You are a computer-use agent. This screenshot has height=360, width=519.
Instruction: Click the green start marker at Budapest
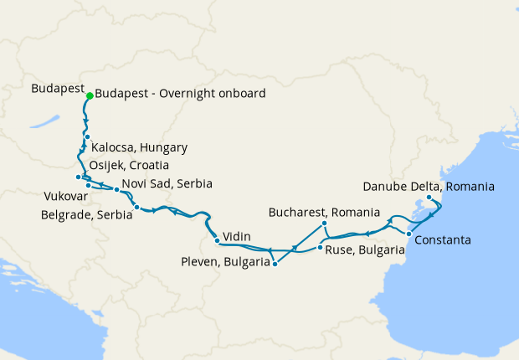click(89, 95)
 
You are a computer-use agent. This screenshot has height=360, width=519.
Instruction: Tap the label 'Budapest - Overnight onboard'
click(181, 94)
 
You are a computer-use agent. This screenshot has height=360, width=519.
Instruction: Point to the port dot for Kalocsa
click(86, 136)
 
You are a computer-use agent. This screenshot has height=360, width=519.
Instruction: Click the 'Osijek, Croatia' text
click(136, 165)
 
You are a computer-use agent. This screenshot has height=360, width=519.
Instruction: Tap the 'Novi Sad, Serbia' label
click(167, 183)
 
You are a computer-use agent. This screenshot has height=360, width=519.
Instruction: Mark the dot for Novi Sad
click(116, 190)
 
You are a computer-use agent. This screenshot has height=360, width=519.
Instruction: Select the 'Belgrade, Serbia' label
click(86, 214)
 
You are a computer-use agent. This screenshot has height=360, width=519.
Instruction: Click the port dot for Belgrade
click(136, 206)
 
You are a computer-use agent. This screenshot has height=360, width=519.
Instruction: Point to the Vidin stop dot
click(218, 241)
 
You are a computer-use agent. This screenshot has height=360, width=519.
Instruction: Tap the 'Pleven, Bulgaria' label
click(225, 261)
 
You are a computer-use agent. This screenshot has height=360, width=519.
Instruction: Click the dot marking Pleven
click(275, 264)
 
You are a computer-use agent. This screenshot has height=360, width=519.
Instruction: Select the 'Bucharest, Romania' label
click(324, 213)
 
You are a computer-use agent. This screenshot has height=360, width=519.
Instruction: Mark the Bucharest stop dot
click(325, 224)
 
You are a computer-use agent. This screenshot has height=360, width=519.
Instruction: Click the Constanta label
click(443, 240)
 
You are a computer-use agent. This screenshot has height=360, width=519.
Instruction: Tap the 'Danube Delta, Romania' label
click(429, 186)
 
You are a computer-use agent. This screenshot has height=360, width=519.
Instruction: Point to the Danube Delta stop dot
click(429, 198)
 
